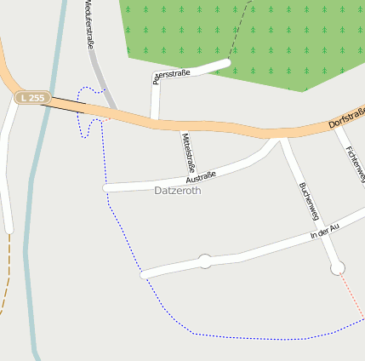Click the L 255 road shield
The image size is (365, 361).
click(x=31, y=98)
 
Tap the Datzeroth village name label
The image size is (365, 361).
click(x=179, y=191)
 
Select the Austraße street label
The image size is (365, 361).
click(x=200, y=176)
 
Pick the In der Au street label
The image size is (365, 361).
click(x=325, y=229)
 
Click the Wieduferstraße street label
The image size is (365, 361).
click(x=89, y=26)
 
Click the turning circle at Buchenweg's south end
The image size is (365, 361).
click(x=338, y=268)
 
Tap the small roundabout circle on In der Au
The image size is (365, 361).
click(x=204, y=261)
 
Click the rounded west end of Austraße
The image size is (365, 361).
click(x=106, y=187)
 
